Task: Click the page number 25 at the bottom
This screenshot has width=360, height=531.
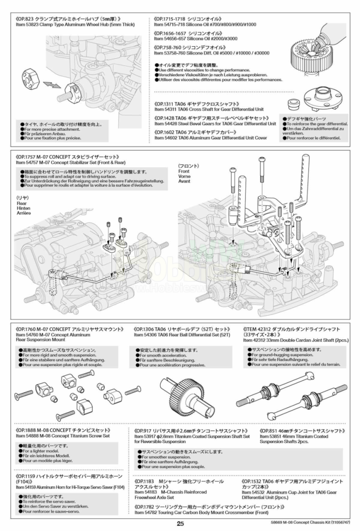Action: click(179, 523)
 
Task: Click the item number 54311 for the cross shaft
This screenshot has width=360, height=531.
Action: click(169, 109)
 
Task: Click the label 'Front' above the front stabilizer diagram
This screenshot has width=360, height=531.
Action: click(184, 171)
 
